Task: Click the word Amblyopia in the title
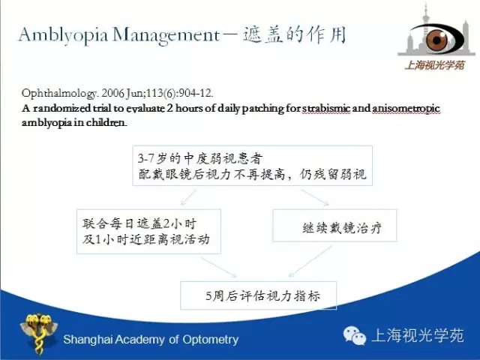(63, 34)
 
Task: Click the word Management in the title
(166, 35)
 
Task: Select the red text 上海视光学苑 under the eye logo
(434, 65)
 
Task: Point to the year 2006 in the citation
(112, 93)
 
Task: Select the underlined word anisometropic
(406, 109)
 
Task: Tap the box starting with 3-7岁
(252, 166)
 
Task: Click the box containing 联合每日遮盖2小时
(148, 232)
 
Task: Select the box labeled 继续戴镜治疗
(334, 226)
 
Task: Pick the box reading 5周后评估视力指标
(258, 295)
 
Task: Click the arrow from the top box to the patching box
(188, 197)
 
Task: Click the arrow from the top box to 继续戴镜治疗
(315, 197)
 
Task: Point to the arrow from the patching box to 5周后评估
(218, 267)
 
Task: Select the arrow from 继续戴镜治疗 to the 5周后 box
(310, 261)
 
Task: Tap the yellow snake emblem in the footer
(38, 333)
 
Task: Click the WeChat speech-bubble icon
(355, 336)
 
